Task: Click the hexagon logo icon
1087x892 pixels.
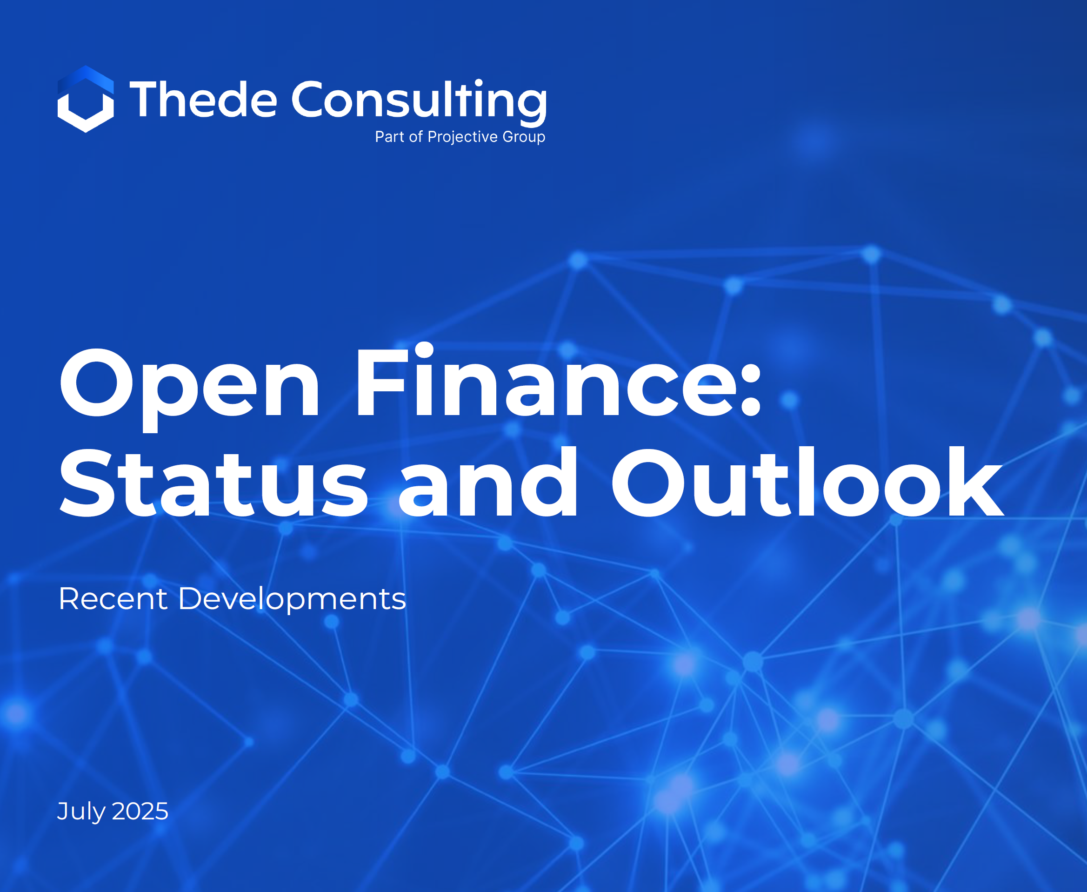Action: pyautogui.click(x=86, y=99)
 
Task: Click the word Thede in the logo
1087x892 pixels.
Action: pyautogui.click(x=203, y=99)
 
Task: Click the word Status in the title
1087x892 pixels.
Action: pyautogui.click(x=213, y=483)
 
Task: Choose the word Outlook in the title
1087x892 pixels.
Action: pyautogui.click(x=807, y=481)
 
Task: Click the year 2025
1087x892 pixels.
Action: pyautogui.click(x=140, y=812)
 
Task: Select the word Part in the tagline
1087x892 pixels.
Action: pyautogui.click(x=389, y=137)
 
